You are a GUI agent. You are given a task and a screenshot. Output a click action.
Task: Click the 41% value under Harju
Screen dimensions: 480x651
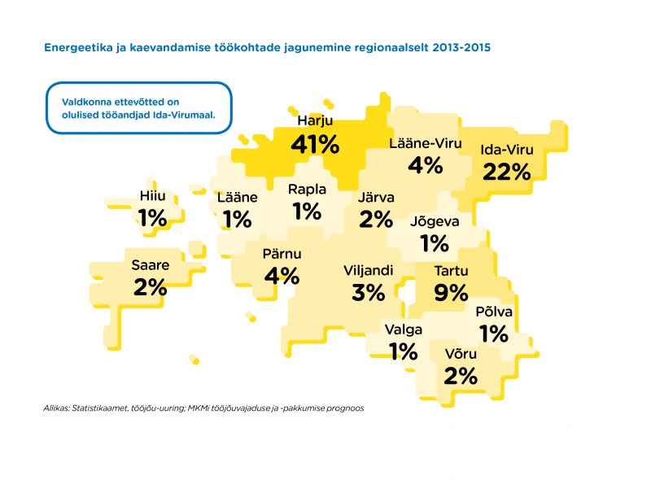[x=315, y=144]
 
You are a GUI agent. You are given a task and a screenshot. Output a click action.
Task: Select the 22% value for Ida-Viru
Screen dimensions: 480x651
[x=506, y=171]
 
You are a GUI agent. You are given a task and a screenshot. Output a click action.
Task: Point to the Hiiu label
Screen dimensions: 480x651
[x=152, y=196]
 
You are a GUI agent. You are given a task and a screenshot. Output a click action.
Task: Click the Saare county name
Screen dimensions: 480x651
[x=150, y=264]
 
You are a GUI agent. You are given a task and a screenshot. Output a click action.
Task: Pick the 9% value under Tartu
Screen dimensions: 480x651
[x=451, y=292]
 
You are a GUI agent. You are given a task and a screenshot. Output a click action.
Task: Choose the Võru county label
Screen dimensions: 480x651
[x=461, y=354]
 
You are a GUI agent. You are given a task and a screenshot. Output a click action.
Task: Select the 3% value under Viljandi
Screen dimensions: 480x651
[x=369, y=292]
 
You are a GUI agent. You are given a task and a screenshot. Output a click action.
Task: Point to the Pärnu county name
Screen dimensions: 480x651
[x=282, y=254]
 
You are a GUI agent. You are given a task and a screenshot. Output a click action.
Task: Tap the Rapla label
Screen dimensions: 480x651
[x=308, y=190]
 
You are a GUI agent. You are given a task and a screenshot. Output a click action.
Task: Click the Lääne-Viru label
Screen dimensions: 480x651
[x=426, y=144]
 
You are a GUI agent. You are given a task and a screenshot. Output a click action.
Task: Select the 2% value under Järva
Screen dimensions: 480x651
[x=377, y=218]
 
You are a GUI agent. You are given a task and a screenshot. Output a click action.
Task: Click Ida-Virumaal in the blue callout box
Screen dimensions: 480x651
[x=183, y=115]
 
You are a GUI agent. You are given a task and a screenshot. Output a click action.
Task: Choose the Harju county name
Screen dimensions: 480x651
[x=314, y=121]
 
